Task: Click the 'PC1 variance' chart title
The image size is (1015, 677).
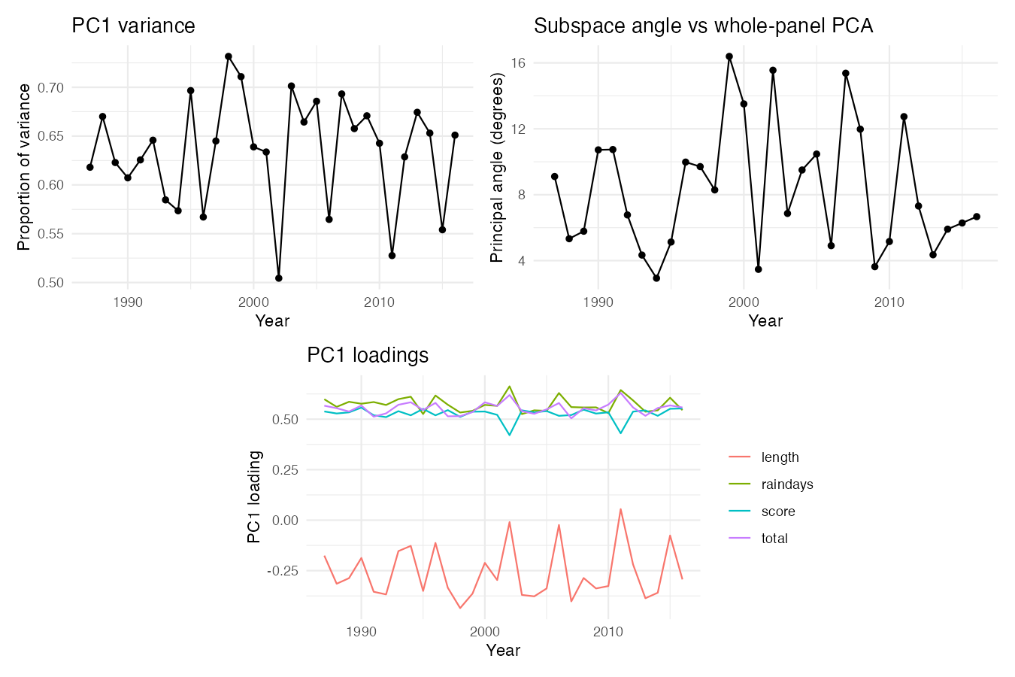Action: pyautogui.click(x=133, y=26)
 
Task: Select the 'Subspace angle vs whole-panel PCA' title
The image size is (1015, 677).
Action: pyautogui.click(x=703, y=26)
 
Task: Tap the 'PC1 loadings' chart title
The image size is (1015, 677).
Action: pyautogui.click(x=368, y=355)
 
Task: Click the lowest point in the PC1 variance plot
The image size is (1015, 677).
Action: pyautogui.click(x=279, y=278)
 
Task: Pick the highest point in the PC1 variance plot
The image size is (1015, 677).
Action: pyautogui.click(x=229, y=56)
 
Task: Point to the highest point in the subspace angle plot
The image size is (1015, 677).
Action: pyautogui.click(x=729, y=56)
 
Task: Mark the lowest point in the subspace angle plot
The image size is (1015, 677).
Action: pyautogui.click(x=656, y=278)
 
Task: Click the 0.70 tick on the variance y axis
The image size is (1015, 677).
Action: pyautogui.click(x=50, y=87)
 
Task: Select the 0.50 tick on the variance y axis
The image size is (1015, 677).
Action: pyautogui.click(x=50, y=283)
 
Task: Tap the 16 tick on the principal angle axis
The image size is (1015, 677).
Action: pyautogui.click(x=518, y=63)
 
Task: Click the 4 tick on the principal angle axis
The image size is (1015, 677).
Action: pyautogui.click(x=522, y=261)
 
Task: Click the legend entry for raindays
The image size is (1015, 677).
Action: pyautogui.click(x=771, y=484)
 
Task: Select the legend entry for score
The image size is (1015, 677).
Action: pyautogui.click(x=762, y=512)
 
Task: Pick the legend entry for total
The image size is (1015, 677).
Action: pyautogui.click(x=758, y=539)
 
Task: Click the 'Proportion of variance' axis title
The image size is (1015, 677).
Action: pyautogui.click(x=23, y=167)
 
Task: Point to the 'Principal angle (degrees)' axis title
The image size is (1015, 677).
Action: pyautogui.click(x=497, y=167)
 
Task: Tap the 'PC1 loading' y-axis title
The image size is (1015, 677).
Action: pyautogui.click(x=254, y=496)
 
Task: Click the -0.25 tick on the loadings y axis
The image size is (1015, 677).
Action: pyautogui.click(x=283, y=571)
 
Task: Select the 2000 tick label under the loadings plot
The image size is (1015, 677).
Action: pyautogui.click(x=484, y=632)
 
